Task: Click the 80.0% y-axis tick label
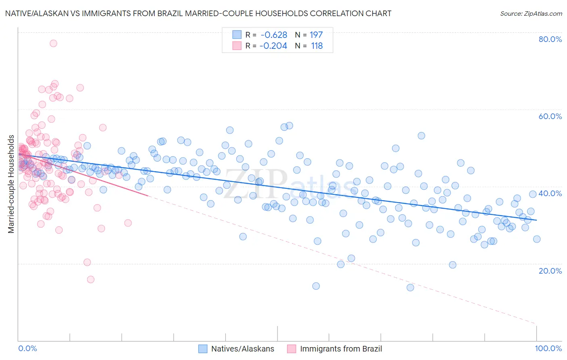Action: coord(550,39)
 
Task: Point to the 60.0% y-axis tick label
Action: coord(550,116)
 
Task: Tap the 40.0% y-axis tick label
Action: coord(550,193)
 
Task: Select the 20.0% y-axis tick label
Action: coord(550,270)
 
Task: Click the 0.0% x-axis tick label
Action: coord(28,348)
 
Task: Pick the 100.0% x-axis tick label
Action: coord(548,348)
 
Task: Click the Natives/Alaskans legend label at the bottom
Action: coord(242,349)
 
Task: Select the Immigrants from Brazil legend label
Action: coord(341,349)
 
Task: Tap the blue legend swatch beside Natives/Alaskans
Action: coord(202,349)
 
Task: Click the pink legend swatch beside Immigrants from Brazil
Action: coord(291,349)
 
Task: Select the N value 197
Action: coord(316,35)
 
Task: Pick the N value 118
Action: coord(317,46)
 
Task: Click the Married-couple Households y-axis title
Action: coord(11,184)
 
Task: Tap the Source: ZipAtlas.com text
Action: coord(531,13)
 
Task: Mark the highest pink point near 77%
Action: coord(53,43)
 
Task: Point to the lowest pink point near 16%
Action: coord(91,279)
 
